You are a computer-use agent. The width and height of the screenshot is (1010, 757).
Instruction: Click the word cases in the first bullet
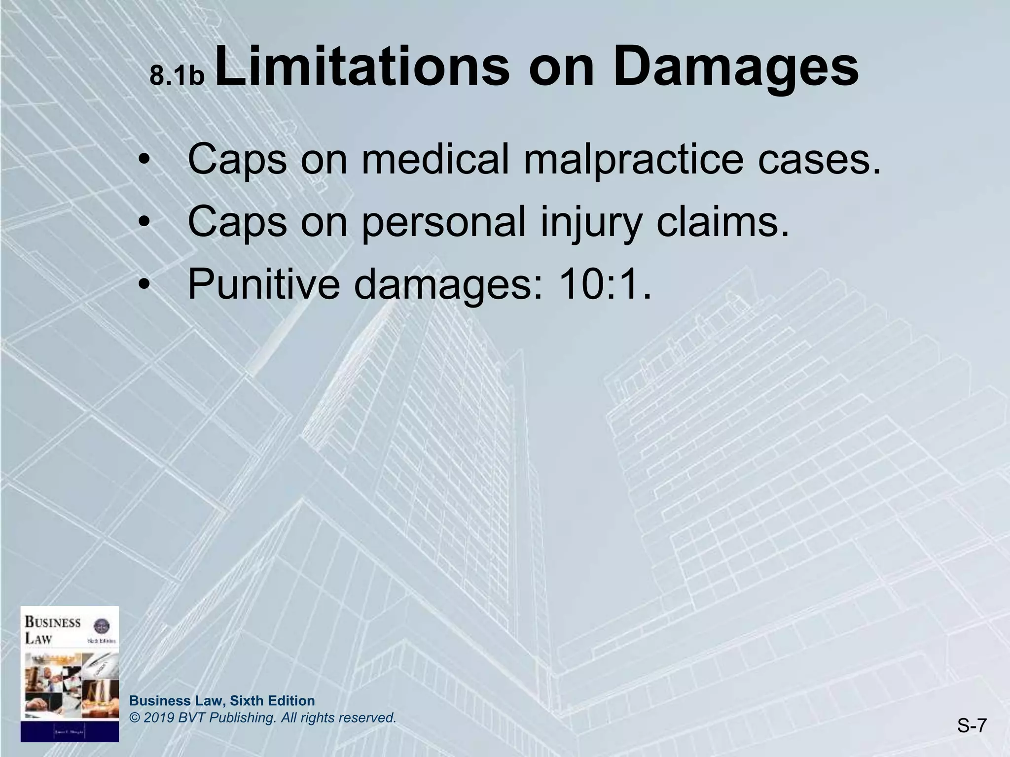[819, 160]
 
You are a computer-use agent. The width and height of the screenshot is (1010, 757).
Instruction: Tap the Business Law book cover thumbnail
[70, 674]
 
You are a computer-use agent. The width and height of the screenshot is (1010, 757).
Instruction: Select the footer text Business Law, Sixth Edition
[222, 701]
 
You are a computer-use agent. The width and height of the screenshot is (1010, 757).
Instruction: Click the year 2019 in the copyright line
[157, 718]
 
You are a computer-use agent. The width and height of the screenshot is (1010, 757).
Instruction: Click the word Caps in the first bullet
[237, 160]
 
